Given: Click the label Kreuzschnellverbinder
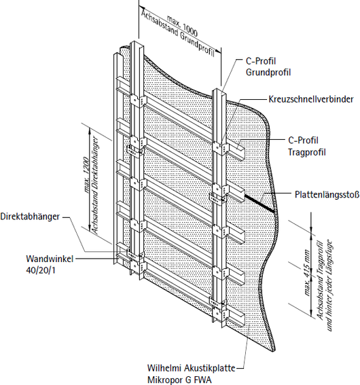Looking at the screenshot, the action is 311,99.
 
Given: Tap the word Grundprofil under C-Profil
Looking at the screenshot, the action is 268,73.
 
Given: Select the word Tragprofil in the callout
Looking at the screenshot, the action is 307,152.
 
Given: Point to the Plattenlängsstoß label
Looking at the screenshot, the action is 327,194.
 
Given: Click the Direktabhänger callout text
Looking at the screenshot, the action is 30,217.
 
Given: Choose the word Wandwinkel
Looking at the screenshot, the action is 50,259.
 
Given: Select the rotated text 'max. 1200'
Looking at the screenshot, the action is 86,175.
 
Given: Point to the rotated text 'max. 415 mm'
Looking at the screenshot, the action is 306,272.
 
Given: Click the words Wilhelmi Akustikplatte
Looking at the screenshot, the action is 191,368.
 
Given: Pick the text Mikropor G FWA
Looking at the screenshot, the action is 179,380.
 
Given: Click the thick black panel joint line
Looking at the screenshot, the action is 259,202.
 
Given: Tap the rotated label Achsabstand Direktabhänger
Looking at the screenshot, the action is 95,185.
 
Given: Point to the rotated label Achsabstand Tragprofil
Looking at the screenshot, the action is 320,279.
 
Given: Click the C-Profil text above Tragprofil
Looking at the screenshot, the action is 303,141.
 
